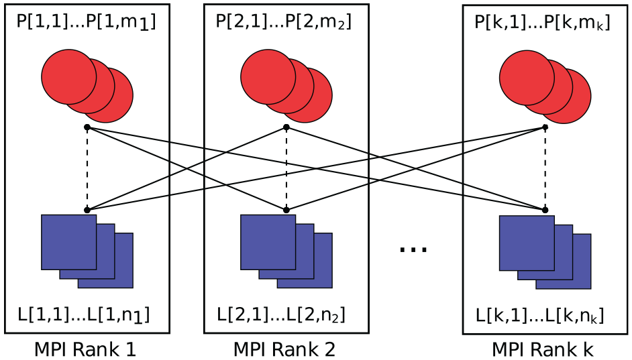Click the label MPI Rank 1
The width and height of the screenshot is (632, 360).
[x=85, y=349]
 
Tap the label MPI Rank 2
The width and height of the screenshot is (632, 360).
[x=284, y=349]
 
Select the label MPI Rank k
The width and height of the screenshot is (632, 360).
[x=543, y=349]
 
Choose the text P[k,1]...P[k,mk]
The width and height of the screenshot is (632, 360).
[x=543, y=23]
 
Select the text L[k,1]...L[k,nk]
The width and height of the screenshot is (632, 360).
[x=540, y=315]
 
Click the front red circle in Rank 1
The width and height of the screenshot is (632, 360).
[x=69, y=77]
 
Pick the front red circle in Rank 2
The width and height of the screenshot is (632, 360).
[x=268, y=77]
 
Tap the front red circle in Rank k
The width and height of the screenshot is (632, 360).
[x=527, y=78]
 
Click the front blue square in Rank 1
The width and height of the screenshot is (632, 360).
[x=69, y=242]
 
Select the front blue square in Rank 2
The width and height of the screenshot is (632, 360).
[x=268, y=242]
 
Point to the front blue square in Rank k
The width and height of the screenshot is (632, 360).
[x=527, y=243]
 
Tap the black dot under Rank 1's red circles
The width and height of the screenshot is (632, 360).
[x=87, y=127]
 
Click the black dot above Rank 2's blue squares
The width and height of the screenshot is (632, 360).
[x=286, y=210]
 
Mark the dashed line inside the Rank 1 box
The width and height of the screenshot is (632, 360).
[x=87, y=169]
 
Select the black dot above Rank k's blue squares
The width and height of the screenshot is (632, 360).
[x=545, y=210]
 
